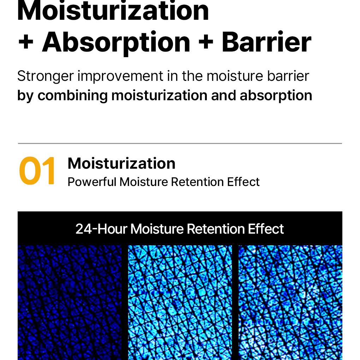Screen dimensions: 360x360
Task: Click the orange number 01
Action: [x=37, y=171]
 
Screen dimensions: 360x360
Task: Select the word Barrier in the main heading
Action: [x=266, y=42]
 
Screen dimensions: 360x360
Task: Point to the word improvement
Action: [x=120, y=76]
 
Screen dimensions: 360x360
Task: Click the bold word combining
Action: [x=73, y=96]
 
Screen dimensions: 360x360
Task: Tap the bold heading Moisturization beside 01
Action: [x=121, y=163]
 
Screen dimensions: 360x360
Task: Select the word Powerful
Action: [x=92, y=182]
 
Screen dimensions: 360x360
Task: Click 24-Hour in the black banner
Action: [x=101, y=229]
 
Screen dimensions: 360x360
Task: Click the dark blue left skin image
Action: [x=70, y=302]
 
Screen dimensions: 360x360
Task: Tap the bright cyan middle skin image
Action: [x=180, y=302]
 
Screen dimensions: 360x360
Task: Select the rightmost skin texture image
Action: [x=290, y=302]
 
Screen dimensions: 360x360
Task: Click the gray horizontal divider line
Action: [x=180, y=144]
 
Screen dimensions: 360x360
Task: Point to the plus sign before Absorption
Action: [x=26, y=42]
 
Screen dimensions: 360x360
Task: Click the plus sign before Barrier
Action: [x=206, y=42]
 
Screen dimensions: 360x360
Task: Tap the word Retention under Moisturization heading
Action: [x=197, y=182]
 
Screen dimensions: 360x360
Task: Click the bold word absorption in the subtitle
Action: [x=276, y=96]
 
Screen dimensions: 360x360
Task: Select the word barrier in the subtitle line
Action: [x=288, y=76]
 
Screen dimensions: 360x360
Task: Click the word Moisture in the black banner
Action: [x=157, y=229]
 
